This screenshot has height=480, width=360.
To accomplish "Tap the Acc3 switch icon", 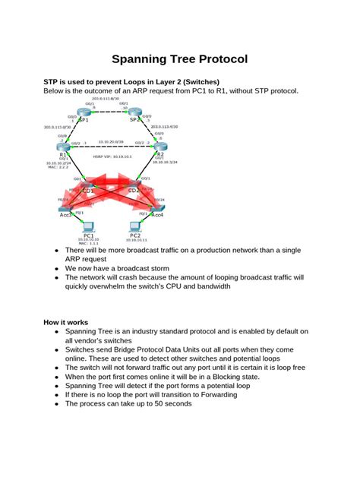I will click(x=68, y=207).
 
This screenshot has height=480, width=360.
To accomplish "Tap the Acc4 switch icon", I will click(x=156, y=207).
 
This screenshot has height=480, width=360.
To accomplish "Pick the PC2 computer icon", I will click(x=137, y=227).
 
